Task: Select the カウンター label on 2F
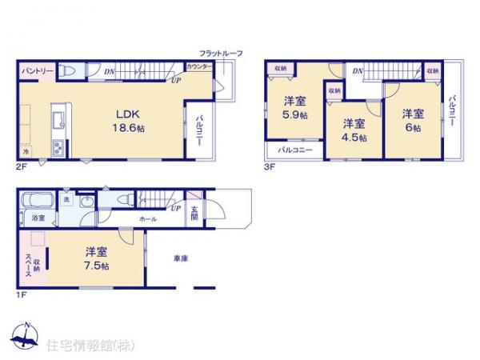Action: (x=199, y=66)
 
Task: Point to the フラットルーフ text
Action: (x=221, y=53)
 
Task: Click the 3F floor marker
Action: (x=269, y=167)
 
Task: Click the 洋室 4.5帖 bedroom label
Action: (x=354, y=130)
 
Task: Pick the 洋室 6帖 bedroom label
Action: (x=413, y=118)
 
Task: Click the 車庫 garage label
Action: (x=180, y=258)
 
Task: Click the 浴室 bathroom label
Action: (x=38, y=217)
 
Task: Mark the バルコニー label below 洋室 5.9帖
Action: (x=294, y=149)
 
